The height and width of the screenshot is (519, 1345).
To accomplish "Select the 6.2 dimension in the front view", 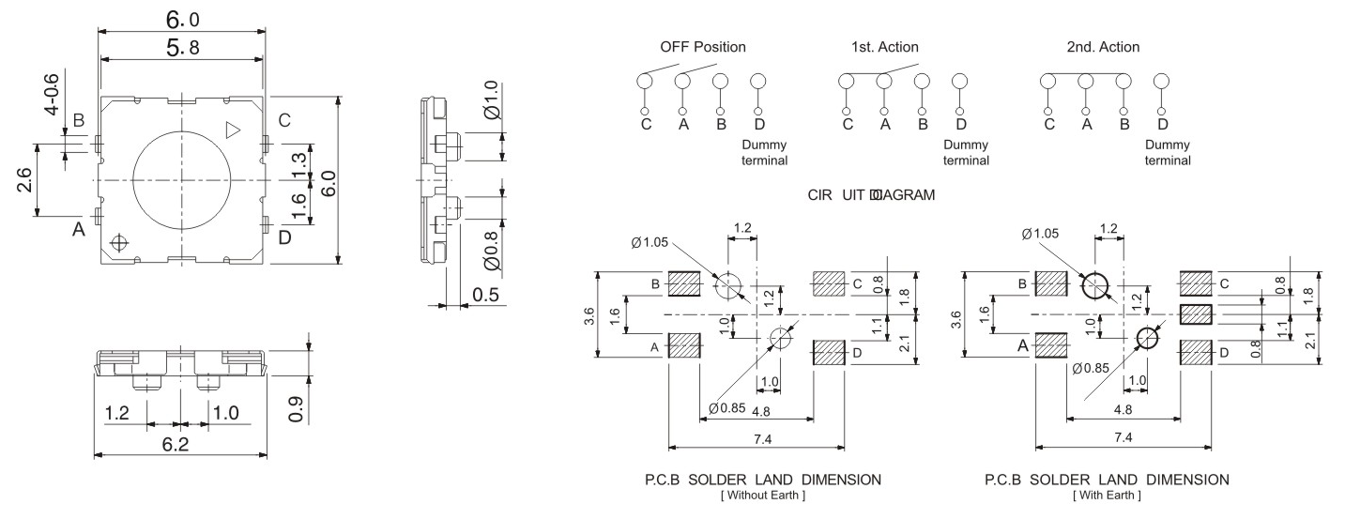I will [x=176, y=443].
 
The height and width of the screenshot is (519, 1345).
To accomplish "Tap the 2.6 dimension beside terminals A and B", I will [x=24, y=180].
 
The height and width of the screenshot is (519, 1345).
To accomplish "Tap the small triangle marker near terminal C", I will [x=234, y=130].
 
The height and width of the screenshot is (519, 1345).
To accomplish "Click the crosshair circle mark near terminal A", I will [x=118, y=243].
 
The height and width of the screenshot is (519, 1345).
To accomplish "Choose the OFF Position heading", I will [x=703, y=47].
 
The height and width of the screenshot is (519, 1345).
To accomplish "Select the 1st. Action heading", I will [x=884, y=47].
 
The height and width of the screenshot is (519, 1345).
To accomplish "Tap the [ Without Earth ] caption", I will [x=761, y=495].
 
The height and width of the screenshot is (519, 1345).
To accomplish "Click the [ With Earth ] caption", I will [x=1106, y=495].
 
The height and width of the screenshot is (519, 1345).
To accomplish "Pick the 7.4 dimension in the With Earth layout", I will [x=1122, y=438].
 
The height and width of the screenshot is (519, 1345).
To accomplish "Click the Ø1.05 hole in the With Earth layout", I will [x=1093, y=284].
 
